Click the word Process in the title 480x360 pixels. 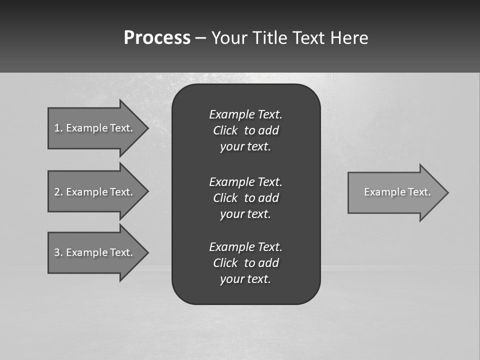[157, 38]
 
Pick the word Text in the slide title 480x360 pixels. [309, 38]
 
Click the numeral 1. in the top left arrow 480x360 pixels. [58, 128]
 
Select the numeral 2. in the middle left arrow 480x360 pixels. [58, 192]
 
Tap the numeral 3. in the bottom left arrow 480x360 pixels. [58, 252]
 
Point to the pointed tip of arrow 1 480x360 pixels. [147, 128]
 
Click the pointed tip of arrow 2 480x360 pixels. [147, 191]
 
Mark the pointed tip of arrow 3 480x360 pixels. [147, 252]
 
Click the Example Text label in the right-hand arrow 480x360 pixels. [397, 192]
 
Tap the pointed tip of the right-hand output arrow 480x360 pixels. [447, 192]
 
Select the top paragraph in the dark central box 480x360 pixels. [245, 130]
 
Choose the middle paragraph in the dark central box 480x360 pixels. [245, 197]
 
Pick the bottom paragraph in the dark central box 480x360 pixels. [245, 263]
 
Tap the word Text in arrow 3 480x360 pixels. [121, 252]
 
